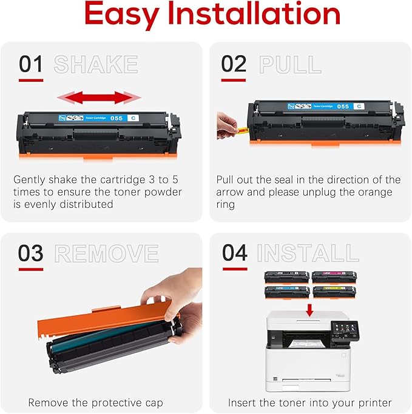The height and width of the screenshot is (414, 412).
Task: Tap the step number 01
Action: click(x=31, y=64)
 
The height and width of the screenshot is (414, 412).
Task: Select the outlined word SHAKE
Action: click(x=96, y=64)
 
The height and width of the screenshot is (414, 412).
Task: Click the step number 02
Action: click(x=234, y=64)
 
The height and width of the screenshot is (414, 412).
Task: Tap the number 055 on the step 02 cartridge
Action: click(x=343, y=106)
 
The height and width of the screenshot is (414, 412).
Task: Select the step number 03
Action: click(x=31, y=253)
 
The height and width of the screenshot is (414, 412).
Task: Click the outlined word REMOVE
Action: click(x=106, y=253)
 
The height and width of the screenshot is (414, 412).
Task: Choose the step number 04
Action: click(x=234, y=253)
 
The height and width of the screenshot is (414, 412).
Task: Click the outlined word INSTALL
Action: click(x=308, y=253)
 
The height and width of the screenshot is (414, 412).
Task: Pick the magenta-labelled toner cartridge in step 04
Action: click(x=334, y=278)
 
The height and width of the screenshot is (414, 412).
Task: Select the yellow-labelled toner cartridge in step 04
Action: click(x=334, y=292)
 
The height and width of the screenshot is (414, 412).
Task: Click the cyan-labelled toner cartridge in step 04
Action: click(x=286, y=292)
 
